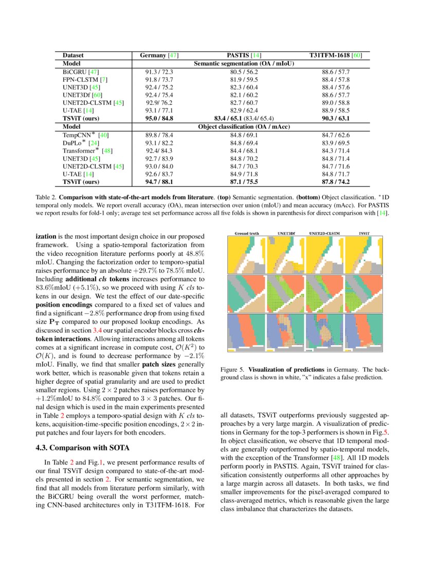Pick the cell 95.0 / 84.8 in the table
(159, 118)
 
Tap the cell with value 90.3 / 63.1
(335, 118)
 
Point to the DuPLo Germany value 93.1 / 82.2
(159, 143)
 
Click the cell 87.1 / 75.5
(244, 181)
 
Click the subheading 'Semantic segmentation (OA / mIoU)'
(244, 64)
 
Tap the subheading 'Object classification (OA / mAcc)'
(244, 126)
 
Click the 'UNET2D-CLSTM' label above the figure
(325, 233)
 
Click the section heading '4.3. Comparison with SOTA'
(77, 447)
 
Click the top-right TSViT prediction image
(365, 254)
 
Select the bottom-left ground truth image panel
(246, 332)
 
